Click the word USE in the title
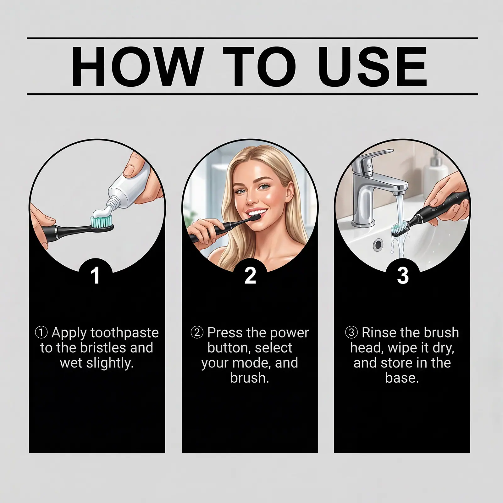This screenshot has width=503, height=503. [x=374, y=66]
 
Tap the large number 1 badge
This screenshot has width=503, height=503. [x=95, y=276]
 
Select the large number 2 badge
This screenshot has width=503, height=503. [x=250, y=276]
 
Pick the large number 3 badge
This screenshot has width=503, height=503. [x=403, y=276]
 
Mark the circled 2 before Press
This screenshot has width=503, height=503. [x=197, y=333]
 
